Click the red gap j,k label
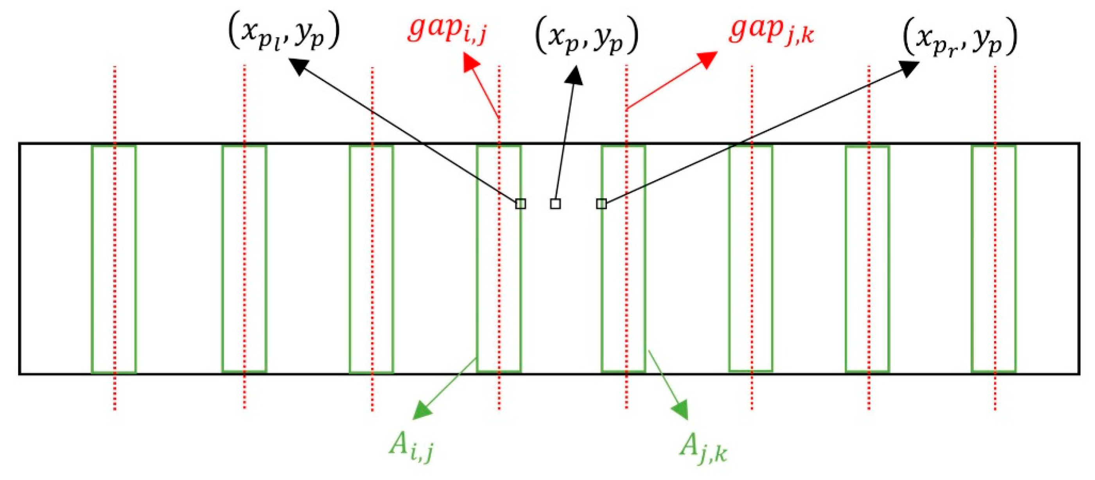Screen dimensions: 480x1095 click(771, 31)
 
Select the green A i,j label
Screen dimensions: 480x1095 click(411, 449)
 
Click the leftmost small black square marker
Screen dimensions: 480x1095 click(520, 204)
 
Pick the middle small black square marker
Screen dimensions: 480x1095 click(555, 204)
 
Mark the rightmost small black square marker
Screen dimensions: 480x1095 click(601, 204)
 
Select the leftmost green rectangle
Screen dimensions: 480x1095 click(113, 259)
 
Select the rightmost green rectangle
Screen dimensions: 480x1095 click(993, 259)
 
